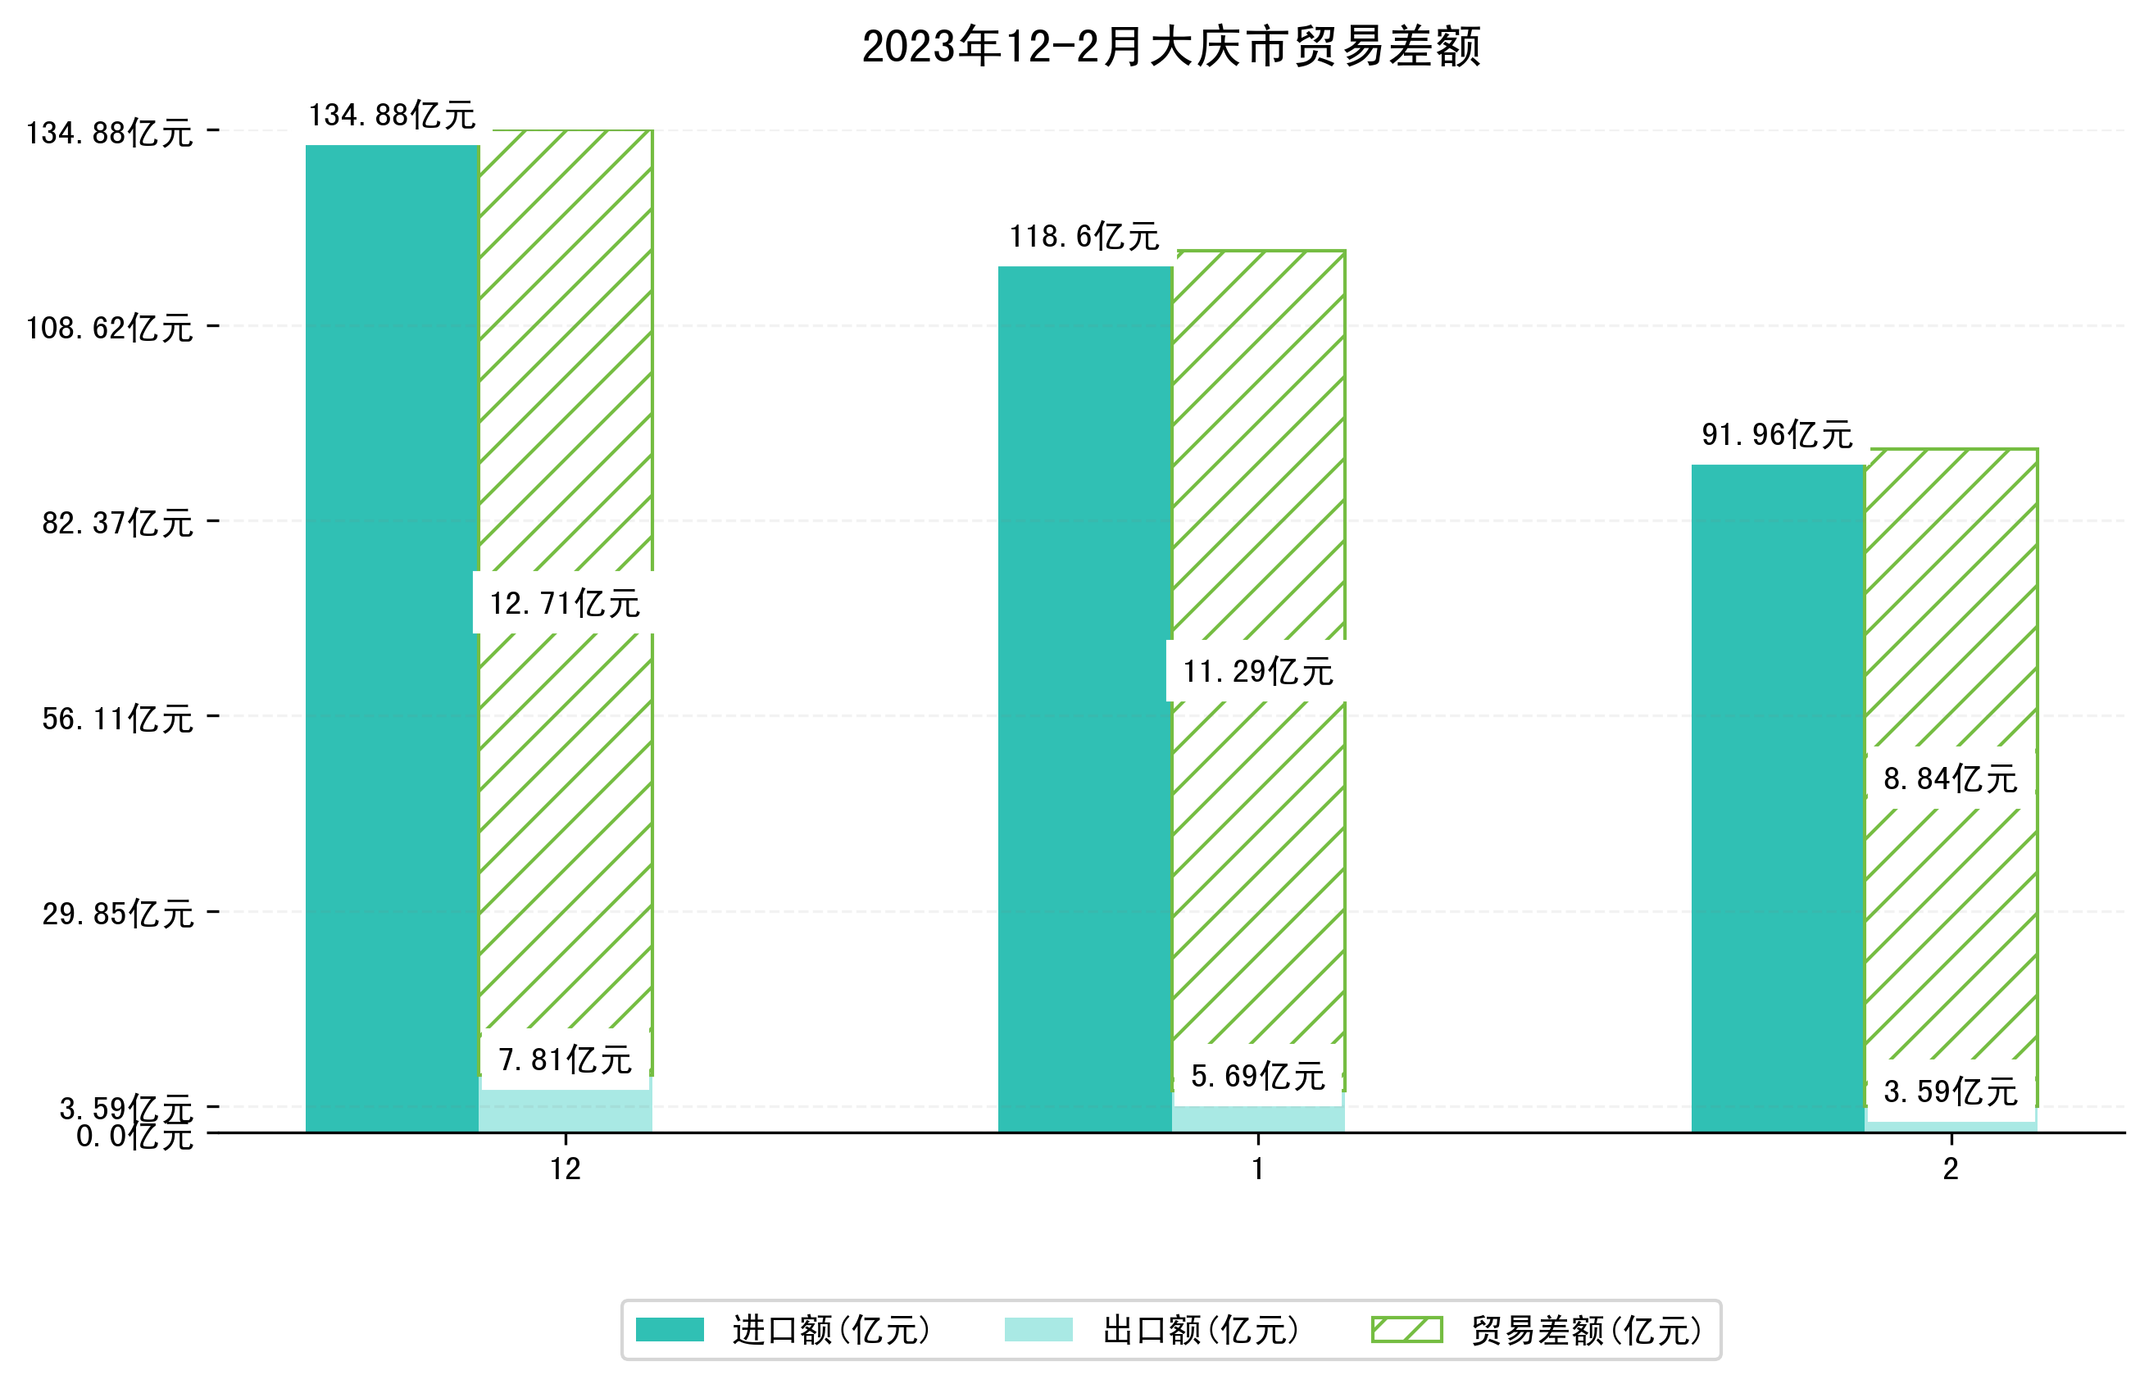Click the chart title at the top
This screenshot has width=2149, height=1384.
click(x=1170, y=47)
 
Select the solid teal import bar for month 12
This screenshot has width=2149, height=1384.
click(x=392, y=638)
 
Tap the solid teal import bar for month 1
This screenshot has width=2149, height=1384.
click(x=1085, y=699)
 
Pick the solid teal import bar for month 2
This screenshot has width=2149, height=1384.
click(x=1777, y=798)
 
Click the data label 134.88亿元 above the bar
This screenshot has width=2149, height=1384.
click(x=392, y=115)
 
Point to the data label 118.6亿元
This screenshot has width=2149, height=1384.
click(x=1084, y=236)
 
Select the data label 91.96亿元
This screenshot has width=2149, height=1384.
click(x=1776, y=435)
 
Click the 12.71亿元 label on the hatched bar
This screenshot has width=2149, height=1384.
click(x=565, y=603)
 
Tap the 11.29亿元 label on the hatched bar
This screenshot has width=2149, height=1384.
click(x=1257, y=671)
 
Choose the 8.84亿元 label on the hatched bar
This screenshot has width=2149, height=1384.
click(x=1950, y=778)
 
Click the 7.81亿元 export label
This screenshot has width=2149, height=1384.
click(x=565, y=1060)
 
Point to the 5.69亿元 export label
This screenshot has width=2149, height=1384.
click(x=1257, y=1076)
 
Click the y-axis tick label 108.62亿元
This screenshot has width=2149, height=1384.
click(x=109, y=328)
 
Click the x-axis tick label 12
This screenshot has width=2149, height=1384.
click(x=565, y=1169)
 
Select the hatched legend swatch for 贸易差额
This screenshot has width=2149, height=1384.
click(x=1406, y=1329)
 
